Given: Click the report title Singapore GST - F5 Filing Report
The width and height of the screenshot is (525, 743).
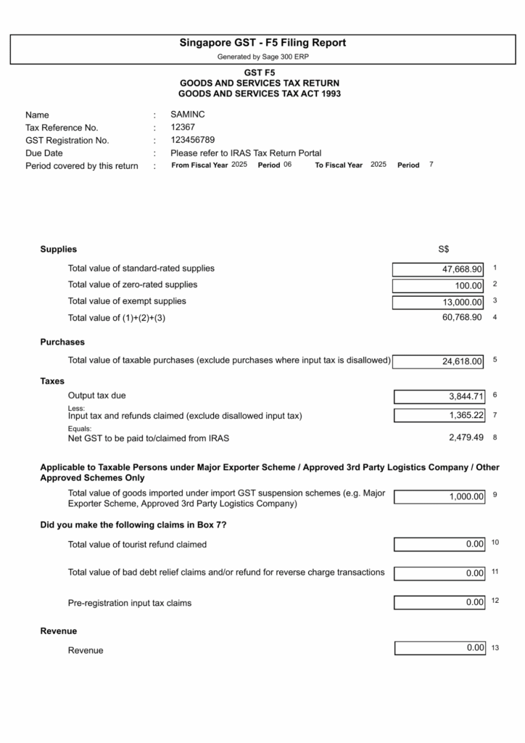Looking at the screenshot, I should (262, 43).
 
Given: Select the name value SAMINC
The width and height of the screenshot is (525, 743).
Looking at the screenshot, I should (188, 114).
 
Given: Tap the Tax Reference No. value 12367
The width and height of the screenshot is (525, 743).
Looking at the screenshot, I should (182, 127).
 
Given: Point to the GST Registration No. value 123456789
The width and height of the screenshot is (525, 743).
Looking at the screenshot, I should (192, 140).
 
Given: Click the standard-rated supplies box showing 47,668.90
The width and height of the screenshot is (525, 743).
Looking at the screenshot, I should (438, 269).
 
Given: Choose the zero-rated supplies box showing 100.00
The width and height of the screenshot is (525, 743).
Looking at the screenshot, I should (438, 286).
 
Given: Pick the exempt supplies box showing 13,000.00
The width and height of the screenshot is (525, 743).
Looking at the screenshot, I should (438, 303).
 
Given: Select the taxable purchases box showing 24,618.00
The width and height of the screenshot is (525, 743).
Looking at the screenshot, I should (438, 361).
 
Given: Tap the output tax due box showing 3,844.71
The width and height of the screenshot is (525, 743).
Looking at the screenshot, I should (439, 397).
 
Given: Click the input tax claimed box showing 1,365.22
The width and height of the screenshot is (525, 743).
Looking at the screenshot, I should (439, 415).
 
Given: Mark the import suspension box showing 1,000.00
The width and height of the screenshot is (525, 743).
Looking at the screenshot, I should (439, 497).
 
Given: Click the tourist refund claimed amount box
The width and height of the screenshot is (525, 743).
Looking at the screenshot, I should (439, 544).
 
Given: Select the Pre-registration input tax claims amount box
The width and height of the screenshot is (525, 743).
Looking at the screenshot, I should (439, 602).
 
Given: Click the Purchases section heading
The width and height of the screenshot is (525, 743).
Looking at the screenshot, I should (62, 342).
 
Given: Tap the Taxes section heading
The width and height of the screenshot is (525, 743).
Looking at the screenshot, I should (52, 381).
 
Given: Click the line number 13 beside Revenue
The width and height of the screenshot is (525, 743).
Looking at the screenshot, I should (495, 647).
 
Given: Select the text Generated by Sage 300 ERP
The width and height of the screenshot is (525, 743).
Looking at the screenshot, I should (262, 57).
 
